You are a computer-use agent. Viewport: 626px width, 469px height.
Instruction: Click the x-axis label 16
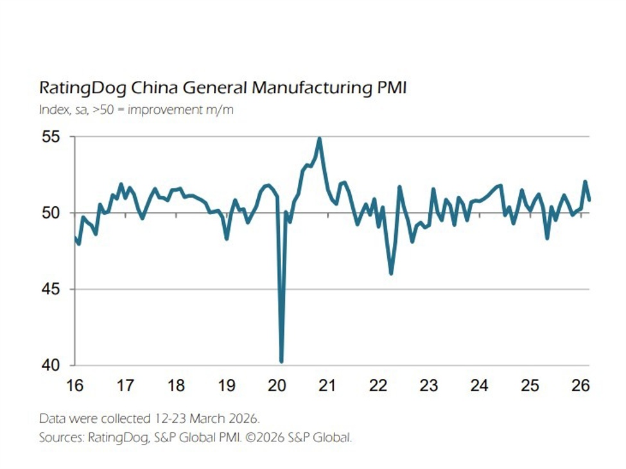(75, 386)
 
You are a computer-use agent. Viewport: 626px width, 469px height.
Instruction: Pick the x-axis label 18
(176, 386)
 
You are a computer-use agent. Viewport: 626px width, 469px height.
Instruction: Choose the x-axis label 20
(277, 386)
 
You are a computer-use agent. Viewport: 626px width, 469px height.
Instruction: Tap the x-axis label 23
(428, 386)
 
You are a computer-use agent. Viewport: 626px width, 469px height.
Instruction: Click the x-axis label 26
(580, 386)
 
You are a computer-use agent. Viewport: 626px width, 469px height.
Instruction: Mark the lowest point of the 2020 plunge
(281, 362)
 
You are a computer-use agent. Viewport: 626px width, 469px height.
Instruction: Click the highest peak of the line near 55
(319, 138)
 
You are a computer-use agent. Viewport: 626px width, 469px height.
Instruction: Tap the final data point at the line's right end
(589, 200)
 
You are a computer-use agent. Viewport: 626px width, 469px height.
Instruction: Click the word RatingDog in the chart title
(79, 88)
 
